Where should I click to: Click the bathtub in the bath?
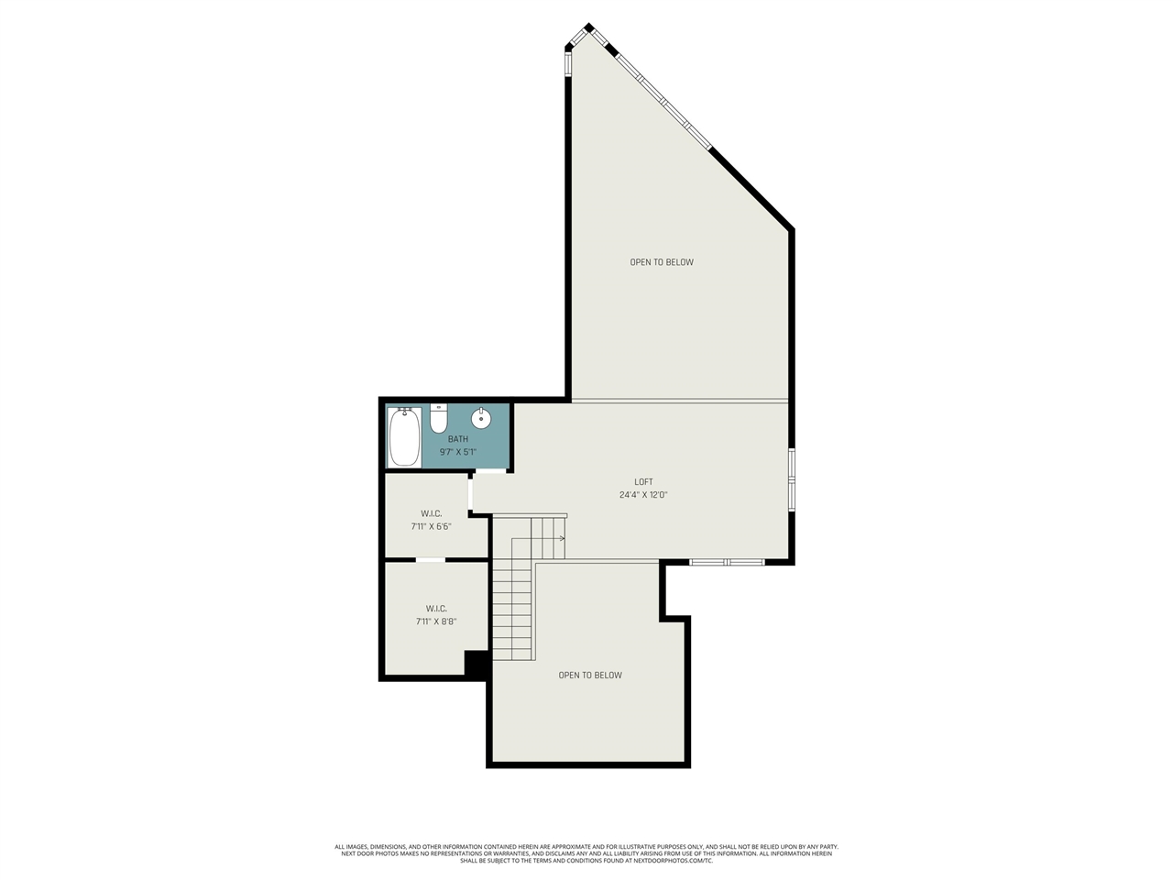(404, 437)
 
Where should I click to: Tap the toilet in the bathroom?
(439, 419)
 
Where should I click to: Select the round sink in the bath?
(481, 419)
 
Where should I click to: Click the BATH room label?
(458, 439)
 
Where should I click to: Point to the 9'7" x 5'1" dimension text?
(458, 452)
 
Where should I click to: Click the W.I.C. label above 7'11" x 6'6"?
(431, 514)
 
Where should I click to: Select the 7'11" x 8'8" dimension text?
(436, 621)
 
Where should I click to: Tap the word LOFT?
(643, 482)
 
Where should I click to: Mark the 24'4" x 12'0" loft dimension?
(643, 495)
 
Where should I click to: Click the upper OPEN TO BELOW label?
(662, 263)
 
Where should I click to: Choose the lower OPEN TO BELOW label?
(590, 676)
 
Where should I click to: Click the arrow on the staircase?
(559, 539)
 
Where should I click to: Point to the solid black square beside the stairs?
(477, 664)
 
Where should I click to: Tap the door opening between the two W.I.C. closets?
(431, 559)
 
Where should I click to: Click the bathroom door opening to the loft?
(491, 471)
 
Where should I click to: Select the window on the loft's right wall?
(792, 478)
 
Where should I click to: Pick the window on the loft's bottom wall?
(727, 561)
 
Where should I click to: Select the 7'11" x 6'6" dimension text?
(431, 527)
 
